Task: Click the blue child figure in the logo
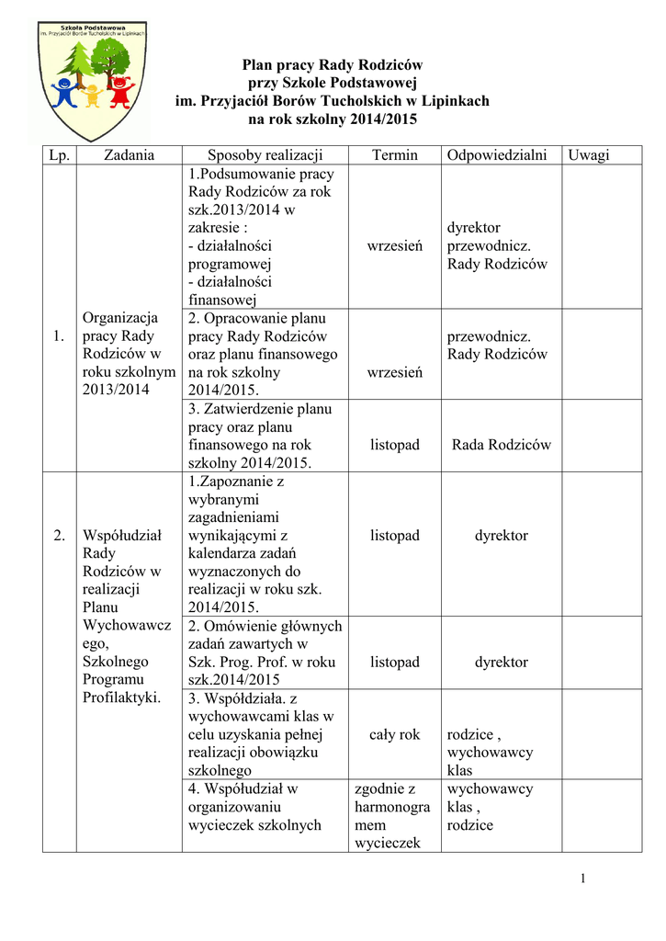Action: [x=64, y=93]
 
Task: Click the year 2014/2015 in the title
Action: [x=380, y=119]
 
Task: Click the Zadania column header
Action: [x=129, y=155]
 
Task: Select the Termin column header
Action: [x=394, y=155]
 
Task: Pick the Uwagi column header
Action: [x=588, y=155]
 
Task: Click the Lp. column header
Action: [x=59, y=155]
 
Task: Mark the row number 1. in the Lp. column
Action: [x=59, y=336]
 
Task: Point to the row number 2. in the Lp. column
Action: [x=59, y=536]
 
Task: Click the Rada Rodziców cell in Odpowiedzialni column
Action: [x=502, y=445]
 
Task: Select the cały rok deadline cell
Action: [x=394, y=734]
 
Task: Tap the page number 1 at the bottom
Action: [x=582, y=879]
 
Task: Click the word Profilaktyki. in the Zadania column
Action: [x=121, y=697]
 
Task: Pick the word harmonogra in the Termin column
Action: [x=392, y=807]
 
